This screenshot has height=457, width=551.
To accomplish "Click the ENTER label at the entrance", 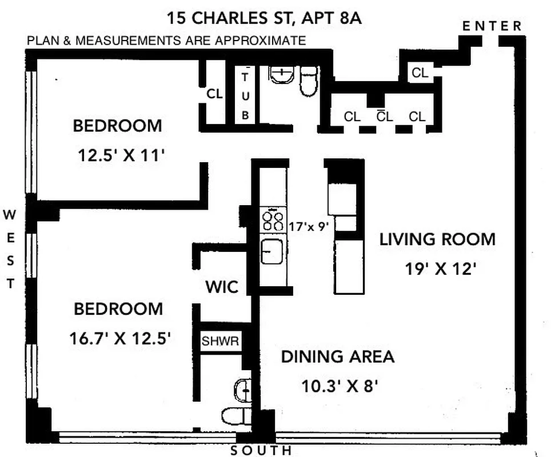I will tap(492, 26).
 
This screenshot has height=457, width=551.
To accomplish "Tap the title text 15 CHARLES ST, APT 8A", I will tap(264, 18).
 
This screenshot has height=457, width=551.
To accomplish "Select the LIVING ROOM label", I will tap(438, 239).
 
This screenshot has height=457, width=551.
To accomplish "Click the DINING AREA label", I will tap(337, 357).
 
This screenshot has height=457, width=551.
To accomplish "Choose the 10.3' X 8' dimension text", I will tap(341, 387).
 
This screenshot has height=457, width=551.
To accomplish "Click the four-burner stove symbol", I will tap(272, 221).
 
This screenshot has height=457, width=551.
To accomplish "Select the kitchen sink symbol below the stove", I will tap(272, 251).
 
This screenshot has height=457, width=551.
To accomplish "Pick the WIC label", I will tap(222, 286).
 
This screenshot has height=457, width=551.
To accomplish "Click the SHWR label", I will tap(220, 342).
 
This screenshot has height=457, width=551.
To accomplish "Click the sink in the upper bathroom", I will tap(281, 74).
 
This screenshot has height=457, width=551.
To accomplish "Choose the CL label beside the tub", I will tap(215, 95).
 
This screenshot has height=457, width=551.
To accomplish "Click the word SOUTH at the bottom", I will tap(260, 451).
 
